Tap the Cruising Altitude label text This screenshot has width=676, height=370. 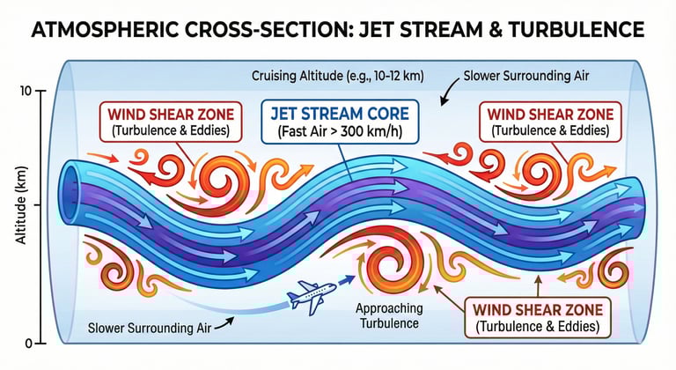click(338, 76)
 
